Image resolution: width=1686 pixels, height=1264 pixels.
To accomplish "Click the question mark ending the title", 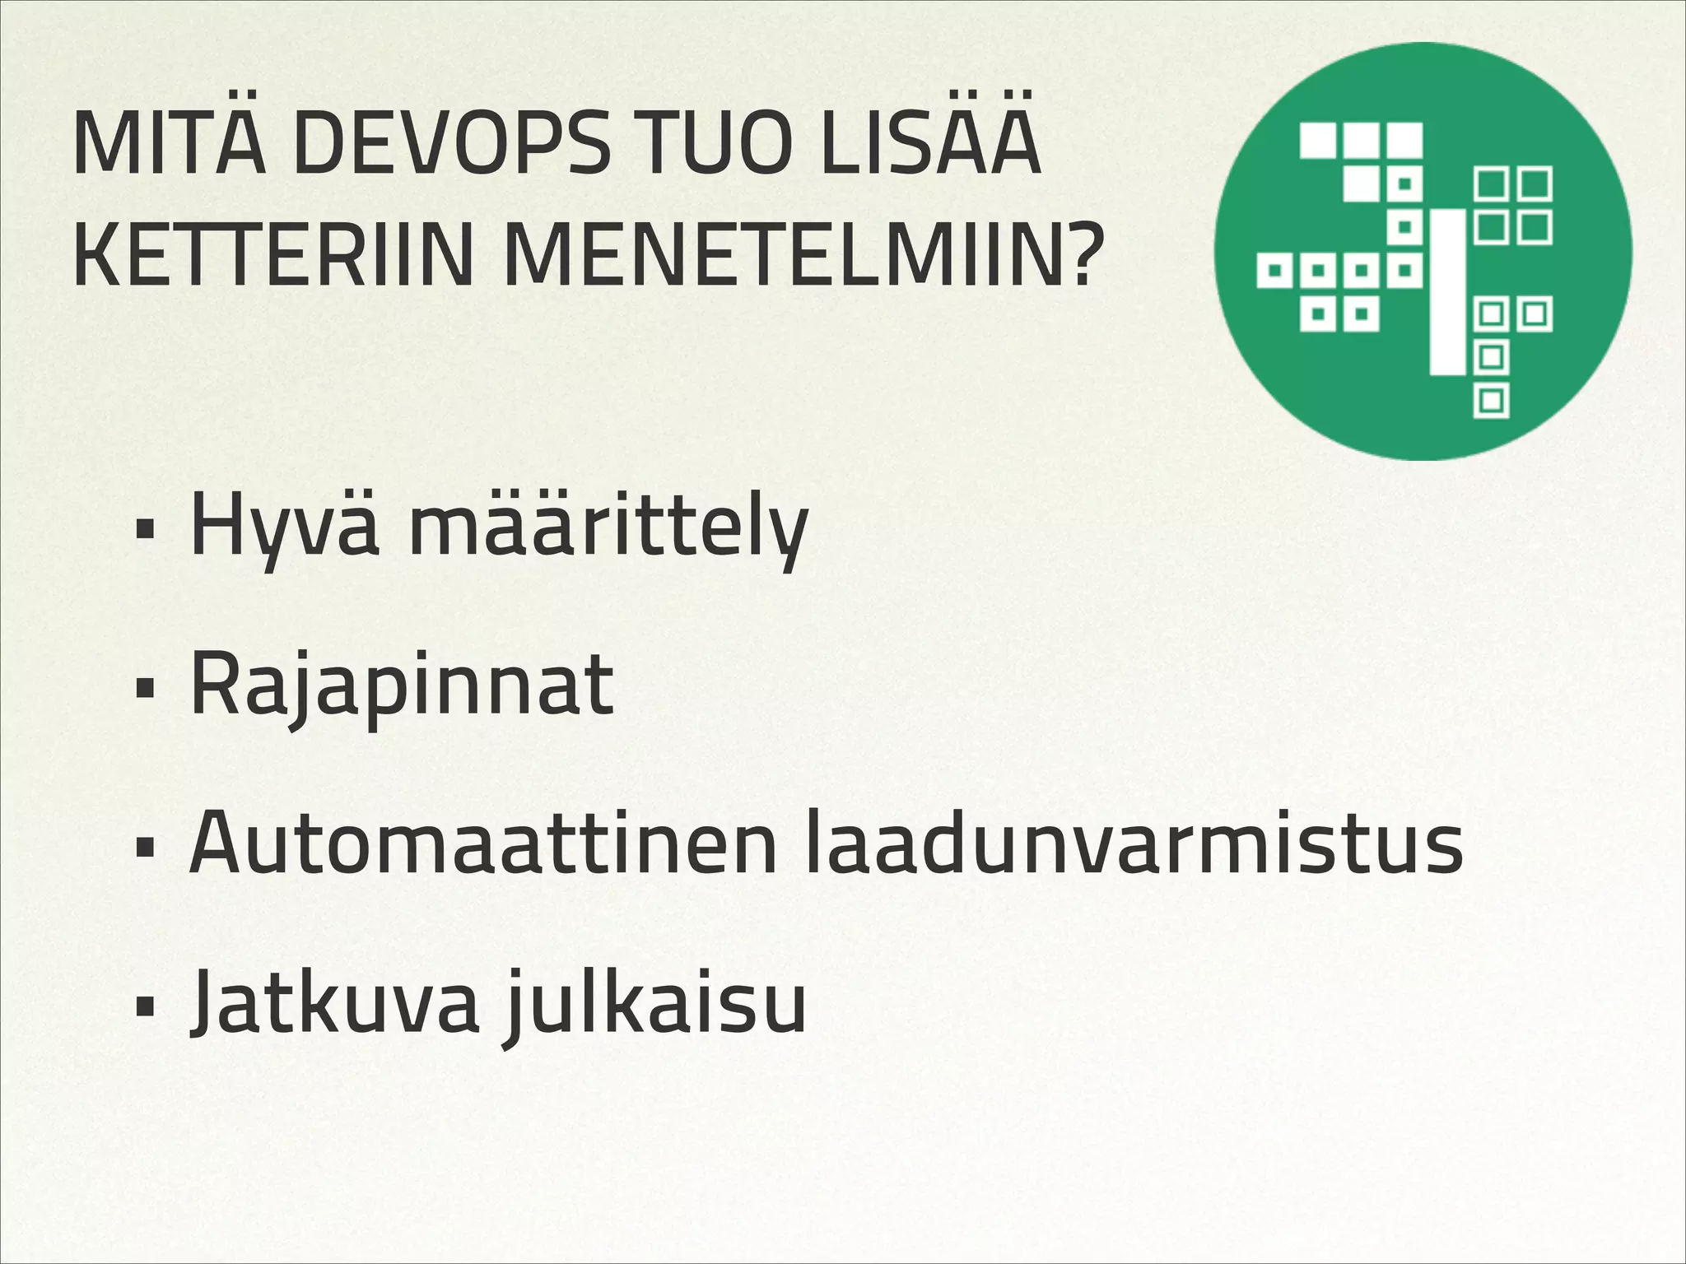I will click(x=1074, y=257).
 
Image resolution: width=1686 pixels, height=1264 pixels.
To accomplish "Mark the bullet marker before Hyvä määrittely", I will click(x=147, y=532).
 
